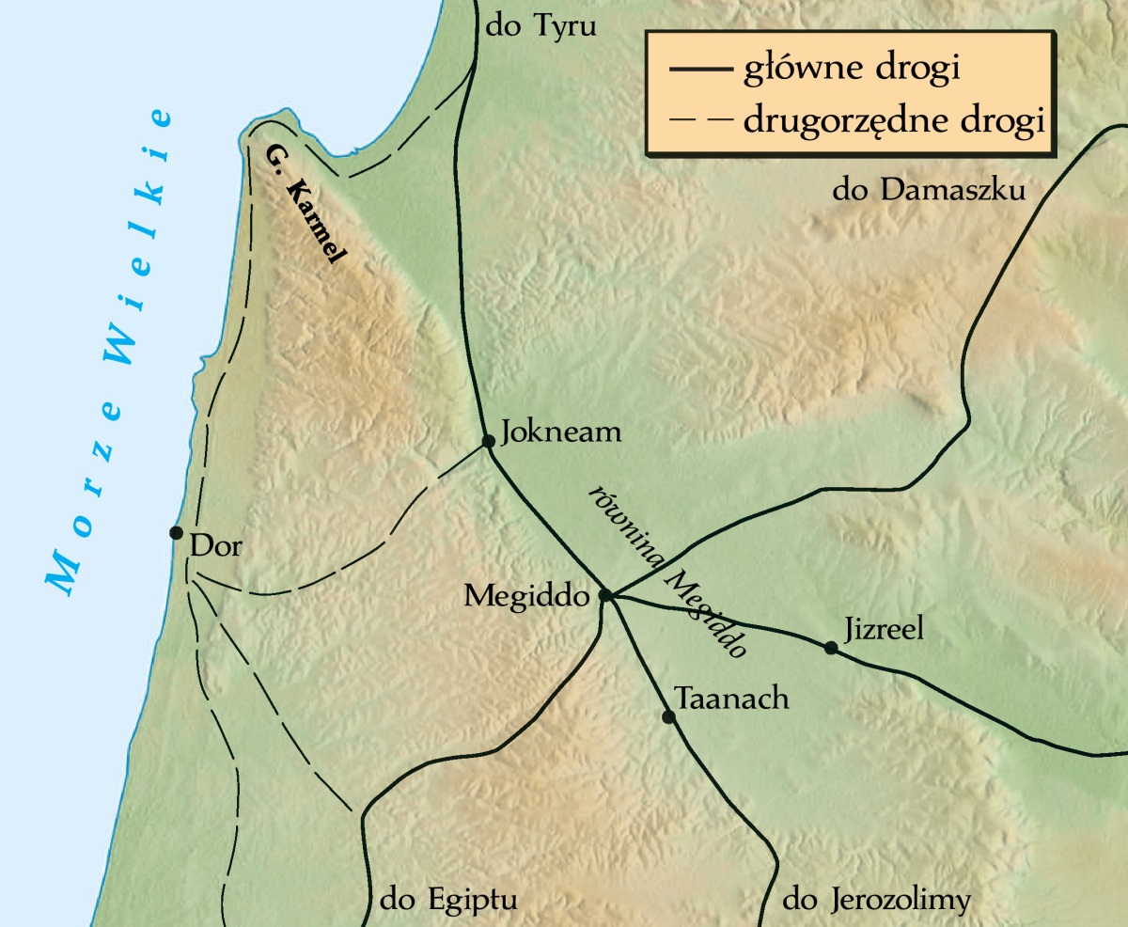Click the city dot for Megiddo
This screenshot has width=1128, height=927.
(x=605, y=595)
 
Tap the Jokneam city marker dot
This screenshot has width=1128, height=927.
(x=488, y=441)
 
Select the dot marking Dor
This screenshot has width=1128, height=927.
(x=176, y=532)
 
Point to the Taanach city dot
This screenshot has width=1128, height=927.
(x=668, y=716)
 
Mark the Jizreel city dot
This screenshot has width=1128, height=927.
(x=830, y=647)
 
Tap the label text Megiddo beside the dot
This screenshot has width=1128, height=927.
(x=526, y=596)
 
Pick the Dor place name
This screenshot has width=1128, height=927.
(x=215, y=545)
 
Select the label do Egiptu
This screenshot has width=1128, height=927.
(x=448, y=900)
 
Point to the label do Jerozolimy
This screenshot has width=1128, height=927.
(x=876, y=900)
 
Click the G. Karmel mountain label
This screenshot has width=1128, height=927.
(x=306, y=206)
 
